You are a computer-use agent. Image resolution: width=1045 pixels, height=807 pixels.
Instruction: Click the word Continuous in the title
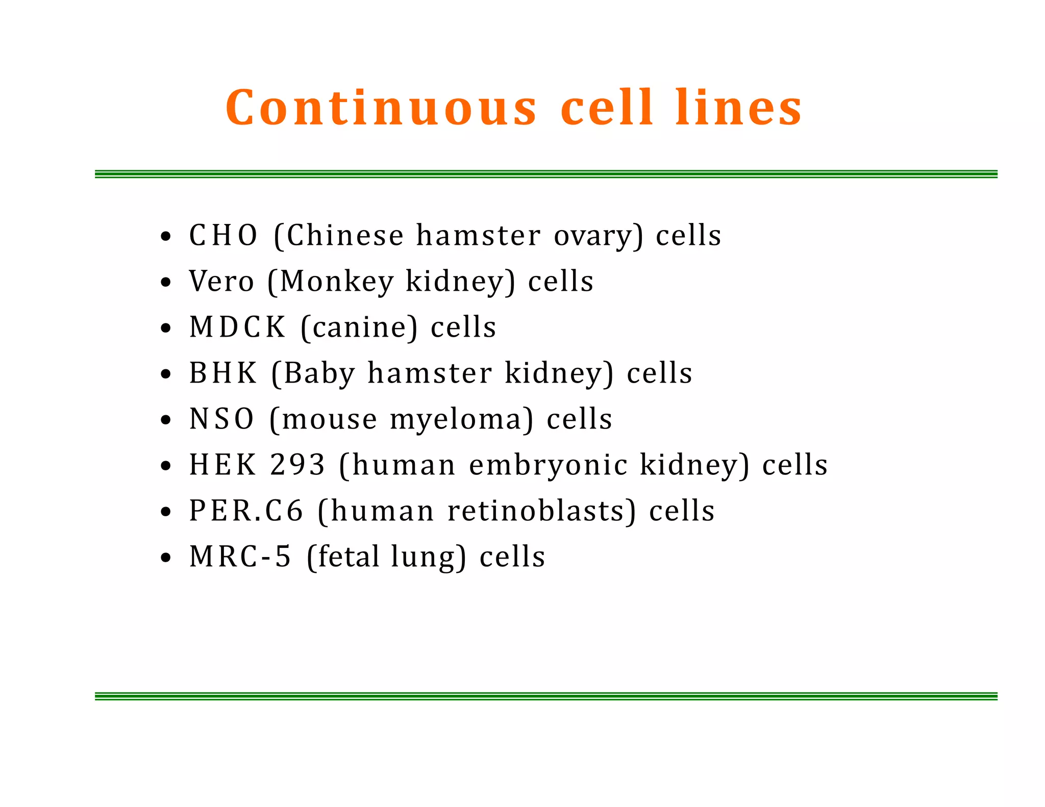[x=381, y=108]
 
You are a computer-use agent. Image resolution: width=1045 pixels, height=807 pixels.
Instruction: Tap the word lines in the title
[x=738, y=108]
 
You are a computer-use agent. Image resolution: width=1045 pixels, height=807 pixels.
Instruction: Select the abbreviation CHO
[x=223, y=236]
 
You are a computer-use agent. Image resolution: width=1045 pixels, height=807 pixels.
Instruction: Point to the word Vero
[x=221, y=282]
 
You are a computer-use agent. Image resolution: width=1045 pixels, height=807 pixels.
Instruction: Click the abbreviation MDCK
[x=237, y=327]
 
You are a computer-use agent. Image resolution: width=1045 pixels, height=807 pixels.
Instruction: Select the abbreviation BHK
[x=223, y=373]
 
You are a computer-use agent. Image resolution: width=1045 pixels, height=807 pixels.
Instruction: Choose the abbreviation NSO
[x=221, y=419]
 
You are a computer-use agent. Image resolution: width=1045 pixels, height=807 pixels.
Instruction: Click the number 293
[x=297, y=465]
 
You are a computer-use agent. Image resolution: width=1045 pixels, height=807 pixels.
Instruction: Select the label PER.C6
[x=246, y=511]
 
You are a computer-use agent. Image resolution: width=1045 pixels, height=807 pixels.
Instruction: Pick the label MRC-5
[x=240, y=557]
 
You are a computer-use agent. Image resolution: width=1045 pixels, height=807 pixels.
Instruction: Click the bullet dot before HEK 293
[x=165, y=466]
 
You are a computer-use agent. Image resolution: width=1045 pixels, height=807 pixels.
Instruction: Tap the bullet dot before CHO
[x=165, y=237]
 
